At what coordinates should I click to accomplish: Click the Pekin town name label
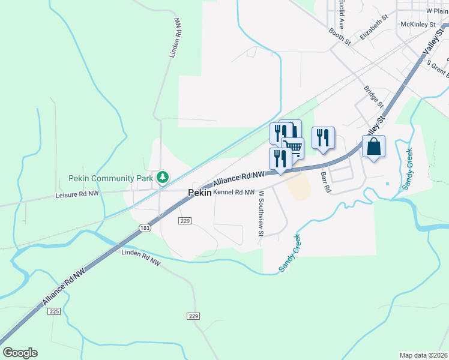coord(199,193)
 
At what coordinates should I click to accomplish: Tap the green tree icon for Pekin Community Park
coord(162,177)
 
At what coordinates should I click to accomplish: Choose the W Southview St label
coord(261,214)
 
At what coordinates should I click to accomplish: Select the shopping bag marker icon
coord(373,146)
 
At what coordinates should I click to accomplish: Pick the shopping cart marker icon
coord(293,148)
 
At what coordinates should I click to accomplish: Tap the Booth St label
coord(339,37)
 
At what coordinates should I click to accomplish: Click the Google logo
coord(20,353)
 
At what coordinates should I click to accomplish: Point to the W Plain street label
coord(437,11)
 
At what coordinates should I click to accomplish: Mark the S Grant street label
coord(438,69)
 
